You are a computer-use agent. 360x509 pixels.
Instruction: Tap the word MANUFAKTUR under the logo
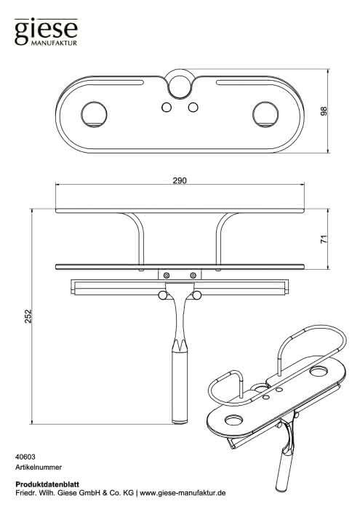tap(55, 43)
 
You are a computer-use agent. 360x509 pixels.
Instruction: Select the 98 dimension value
tap(324, 111)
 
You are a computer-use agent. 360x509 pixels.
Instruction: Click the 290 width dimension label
tap(180, 180)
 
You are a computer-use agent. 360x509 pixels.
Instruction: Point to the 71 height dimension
tap(324, 239)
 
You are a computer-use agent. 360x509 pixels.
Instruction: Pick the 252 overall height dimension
tap(28, 316)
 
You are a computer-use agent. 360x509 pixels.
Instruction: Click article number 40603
tap(25, 457)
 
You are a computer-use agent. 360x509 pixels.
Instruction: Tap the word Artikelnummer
tap(39, 468)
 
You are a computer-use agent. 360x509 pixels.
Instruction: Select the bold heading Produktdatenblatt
tap(47, 485)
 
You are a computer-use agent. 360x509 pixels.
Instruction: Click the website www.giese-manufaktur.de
tap(183, 493)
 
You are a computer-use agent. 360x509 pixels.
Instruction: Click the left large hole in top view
tap(94, 115)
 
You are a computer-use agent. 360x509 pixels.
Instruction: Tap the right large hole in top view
tap(265, 115)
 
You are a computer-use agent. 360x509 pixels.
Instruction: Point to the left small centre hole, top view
tap(167, 107)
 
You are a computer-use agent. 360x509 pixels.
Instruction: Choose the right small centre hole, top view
tap(193, 107)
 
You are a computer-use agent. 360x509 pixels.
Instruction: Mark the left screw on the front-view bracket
tap(167, 276)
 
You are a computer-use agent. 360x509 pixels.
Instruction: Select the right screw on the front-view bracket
tap(193, 276)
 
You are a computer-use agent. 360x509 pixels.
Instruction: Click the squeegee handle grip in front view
tap(180, 388)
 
